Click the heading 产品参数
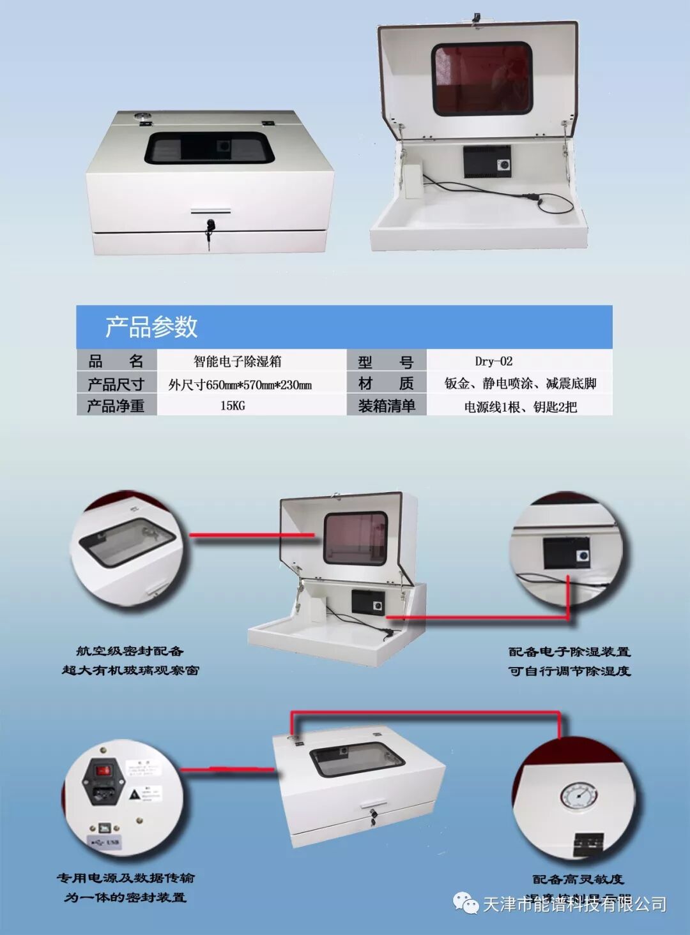[x=151, y=327]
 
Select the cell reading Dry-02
[x=493, y=361]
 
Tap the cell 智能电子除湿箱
[x=237, y=361]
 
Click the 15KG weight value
[x=233, y=405]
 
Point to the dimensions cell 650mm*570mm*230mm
[x=240, y=384]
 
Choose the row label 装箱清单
[x=387, y=406]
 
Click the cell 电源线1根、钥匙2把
[x=520, y=407]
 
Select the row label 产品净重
[x=116, y=406]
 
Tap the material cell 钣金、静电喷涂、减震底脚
[x=520, y=384]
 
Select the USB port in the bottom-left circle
[x=103, y=828]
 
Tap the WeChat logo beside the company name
[x=466, y=903]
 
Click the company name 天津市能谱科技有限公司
[x=574, y=904]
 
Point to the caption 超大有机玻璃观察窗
[x=130, y=670]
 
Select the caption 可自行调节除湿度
[x=569, y=671]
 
